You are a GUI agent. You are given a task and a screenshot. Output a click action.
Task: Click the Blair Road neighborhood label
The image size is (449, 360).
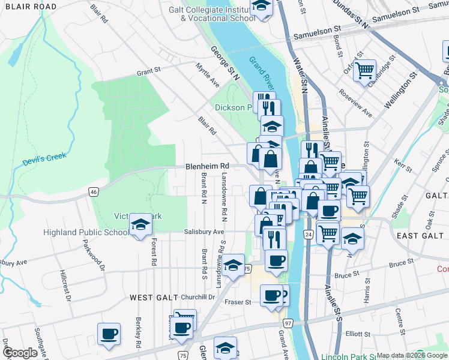click(28, 7)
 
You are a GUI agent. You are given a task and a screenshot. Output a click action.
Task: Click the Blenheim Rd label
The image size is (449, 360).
click(208, 166)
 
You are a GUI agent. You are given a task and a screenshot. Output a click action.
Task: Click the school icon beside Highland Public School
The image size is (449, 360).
click(141, 225)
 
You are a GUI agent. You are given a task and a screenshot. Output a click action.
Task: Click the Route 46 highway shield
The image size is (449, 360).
click(93, 192)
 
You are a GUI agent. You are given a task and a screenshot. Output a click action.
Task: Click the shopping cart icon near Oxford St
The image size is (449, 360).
click(364, 70)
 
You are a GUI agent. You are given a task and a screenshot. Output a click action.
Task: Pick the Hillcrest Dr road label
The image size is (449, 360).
click(67, 285)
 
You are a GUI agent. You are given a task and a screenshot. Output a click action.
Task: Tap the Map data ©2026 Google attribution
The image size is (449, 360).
click(412, 355)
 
